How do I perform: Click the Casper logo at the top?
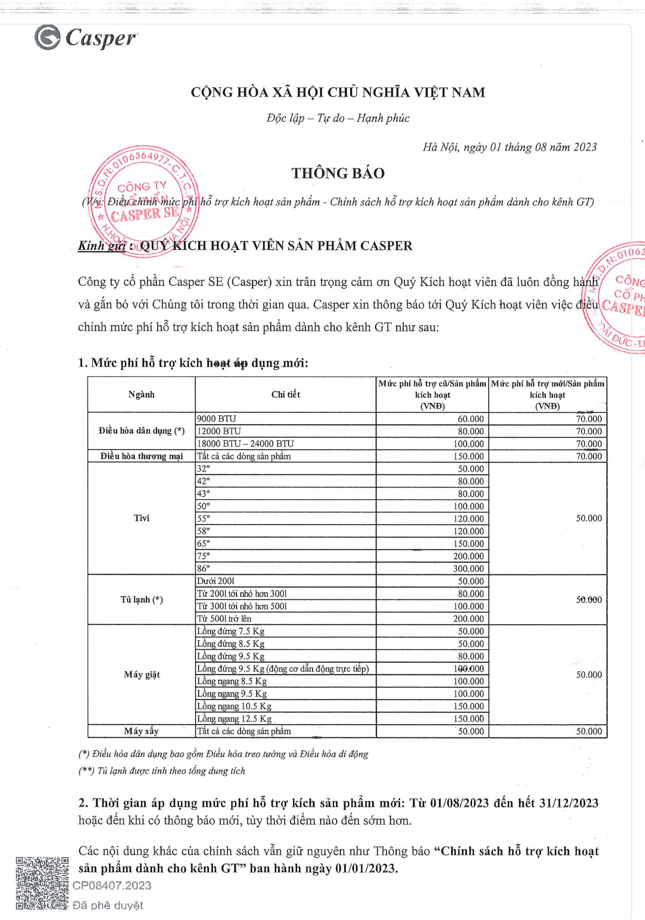tap(86, 38)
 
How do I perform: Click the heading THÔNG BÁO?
tap(338, 173)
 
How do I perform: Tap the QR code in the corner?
tap(42, 883)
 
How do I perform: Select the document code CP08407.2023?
tap(112, 886)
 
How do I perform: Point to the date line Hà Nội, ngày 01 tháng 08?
tap(509, 147)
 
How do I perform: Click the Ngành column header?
tap(141, 394)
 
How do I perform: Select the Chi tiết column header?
tap(285, 394)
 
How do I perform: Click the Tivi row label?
tap(141, 518)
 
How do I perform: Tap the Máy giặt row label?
tap(142, 674)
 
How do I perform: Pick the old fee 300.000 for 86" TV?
tap(468, 569)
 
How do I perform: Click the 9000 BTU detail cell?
tap(217, 419)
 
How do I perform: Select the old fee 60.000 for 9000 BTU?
tap(470, 419)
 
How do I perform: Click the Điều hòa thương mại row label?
tap(142, 456)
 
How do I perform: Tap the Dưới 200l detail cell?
tap(216, 581)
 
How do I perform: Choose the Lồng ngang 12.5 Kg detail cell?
tap(234, 718)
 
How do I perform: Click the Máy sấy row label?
tap(141, 731)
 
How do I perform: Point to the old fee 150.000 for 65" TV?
tap(468, 544)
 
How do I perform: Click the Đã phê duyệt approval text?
tap(108, 905)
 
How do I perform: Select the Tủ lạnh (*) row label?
tap(141, 600)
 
